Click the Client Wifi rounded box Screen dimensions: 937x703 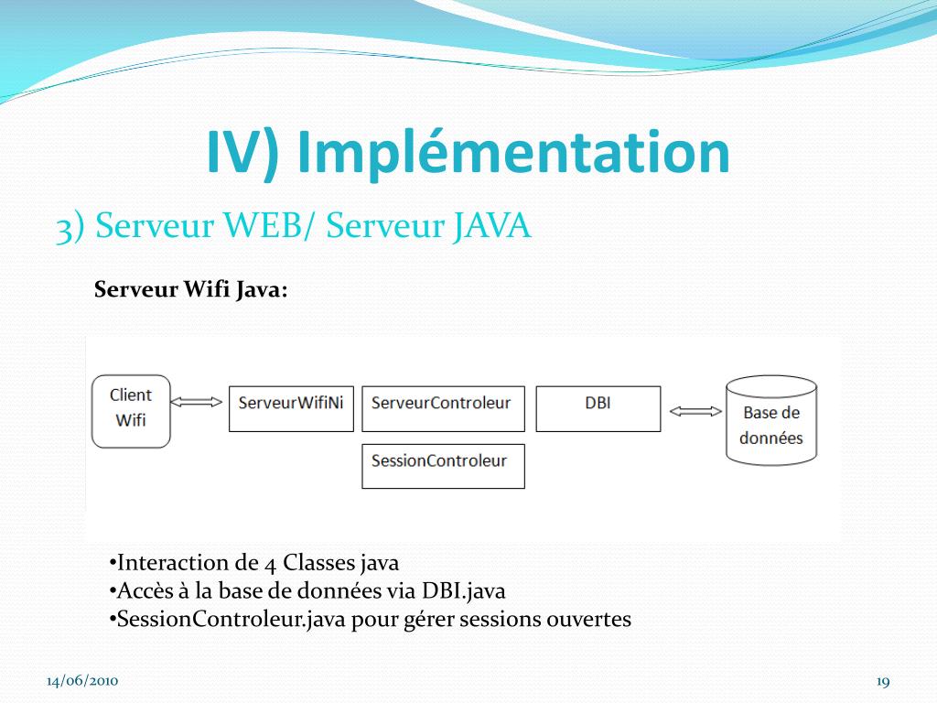pyautogui.click(x=131, y=410)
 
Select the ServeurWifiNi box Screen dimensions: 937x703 pyautogui.click(x=290, y=408)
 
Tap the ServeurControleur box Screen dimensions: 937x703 pyautogui.click(x=443, y=408)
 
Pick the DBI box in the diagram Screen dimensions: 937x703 pyautogui.click(x=598, y=408)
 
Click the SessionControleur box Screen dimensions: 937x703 pyautogui.click(x=443, y=466)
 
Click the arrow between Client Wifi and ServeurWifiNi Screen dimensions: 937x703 pyautogui.click(x=198, y=401)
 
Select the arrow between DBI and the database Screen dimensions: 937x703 pyautogui.click(x=695, y=411)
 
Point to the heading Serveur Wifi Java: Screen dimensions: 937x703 pyautogui.click(x=191, y=290)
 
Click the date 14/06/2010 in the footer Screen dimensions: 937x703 pyautogui.click(x=82, y=681)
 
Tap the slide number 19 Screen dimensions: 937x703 pyautogui.click(x=883, y=681)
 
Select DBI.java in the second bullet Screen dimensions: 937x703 pyautogui.click(x=463, y=591)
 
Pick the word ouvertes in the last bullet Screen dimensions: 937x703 pyautogui.click(x=588, y=620)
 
